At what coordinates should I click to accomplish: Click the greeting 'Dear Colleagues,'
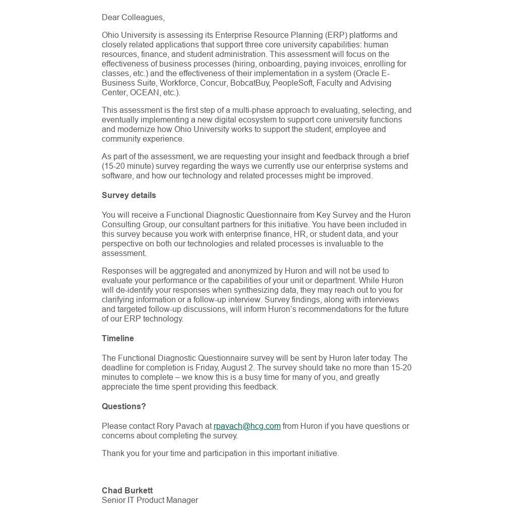pos(133,18)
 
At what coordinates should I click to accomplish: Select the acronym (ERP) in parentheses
pos(336,35)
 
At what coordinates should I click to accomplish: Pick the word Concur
pos(213,83)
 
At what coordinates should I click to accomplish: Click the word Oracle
pos(369,74)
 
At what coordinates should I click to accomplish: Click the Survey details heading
pos(129,196)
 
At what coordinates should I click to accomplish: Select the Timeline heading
pos(118,339)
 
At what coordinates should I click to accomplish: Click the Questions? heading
pos(124,407)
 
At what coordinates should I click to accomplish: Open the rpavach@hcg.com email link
pos(247,426)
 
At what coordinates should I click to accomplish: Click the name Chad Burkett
pos(127,491)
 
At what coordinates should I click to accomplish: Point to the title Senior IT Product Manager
pos(150,500)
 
